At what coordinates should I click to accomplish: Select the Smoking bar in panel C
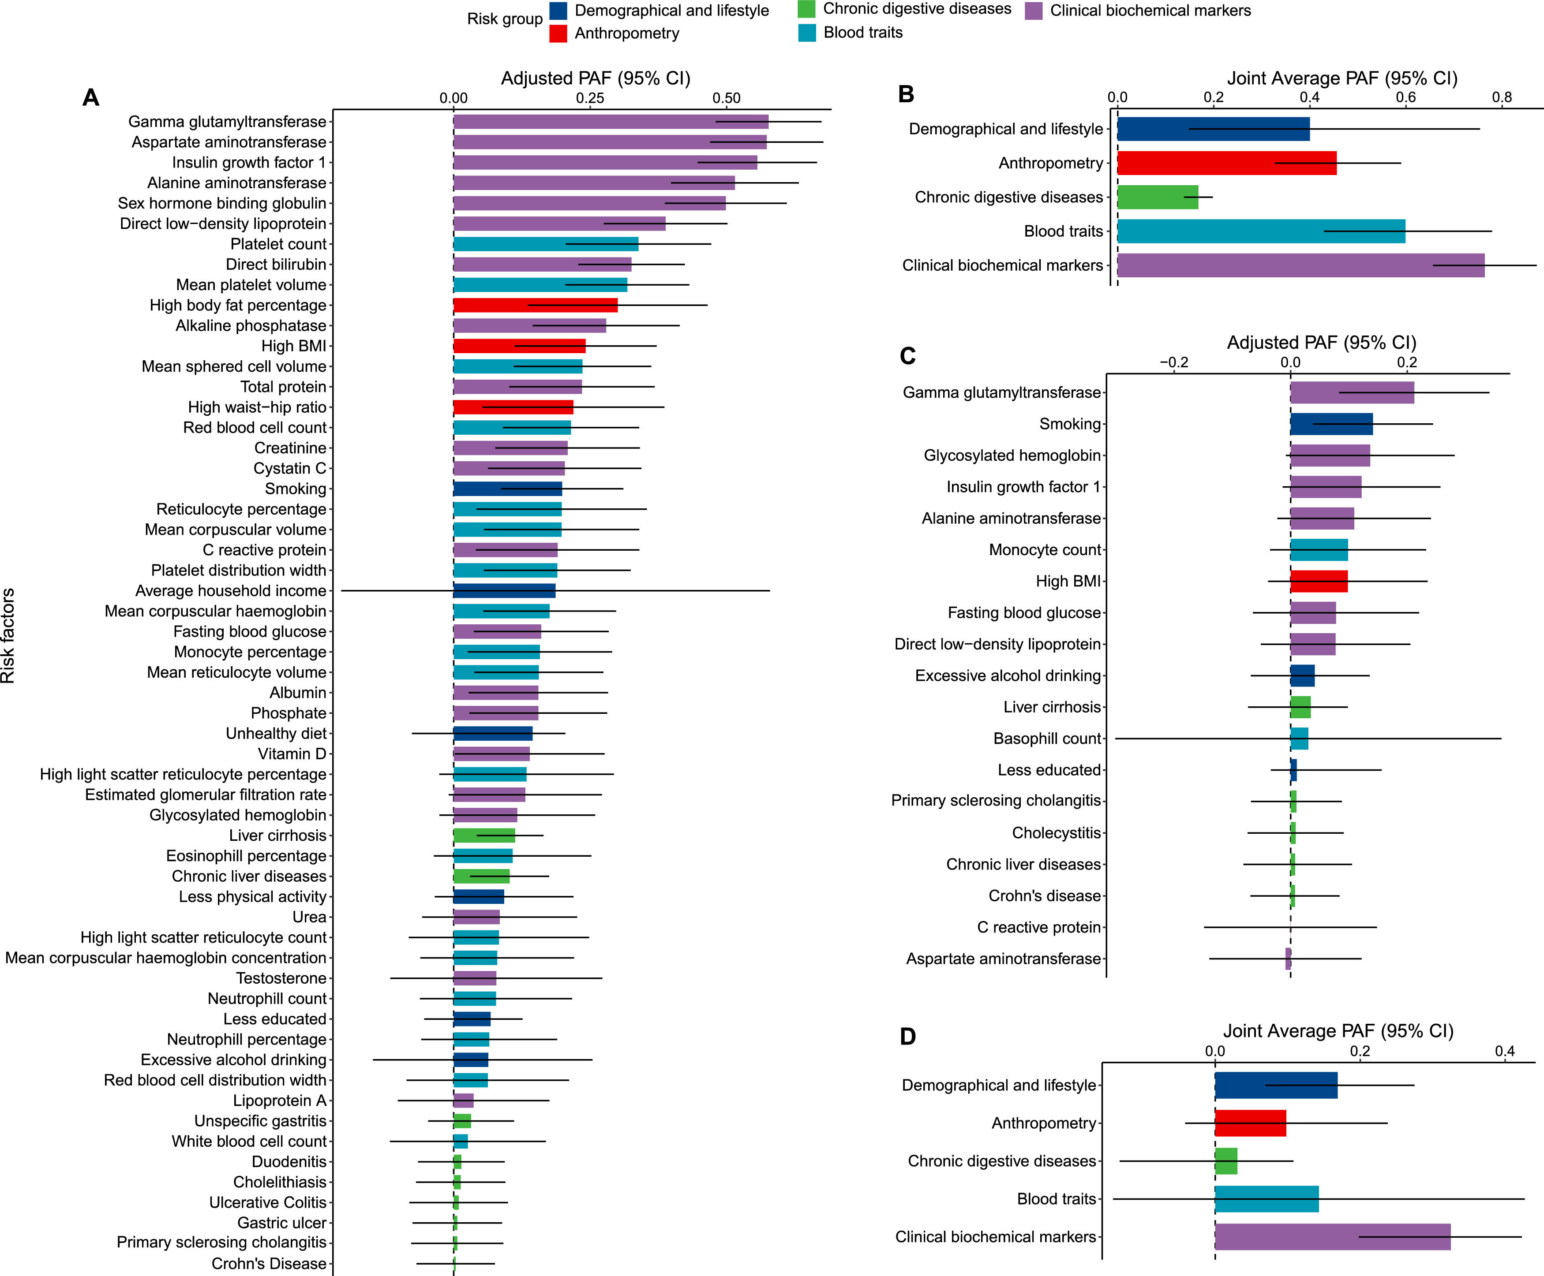click(1331, 424)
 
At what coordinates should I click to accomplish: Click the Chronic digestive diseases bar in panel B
click(1157, 197)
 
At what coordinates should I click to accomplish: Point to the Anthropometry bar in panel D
click(1250, 1123)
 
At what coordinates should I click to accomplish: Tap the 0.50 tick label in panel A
click(727, 98)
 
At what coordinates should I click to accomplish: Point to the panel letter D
click(908, 1037)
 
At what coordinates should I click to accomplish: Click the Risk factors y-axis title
click(8, 636)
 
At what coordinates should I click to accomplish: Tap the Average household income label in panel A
click(231, 591)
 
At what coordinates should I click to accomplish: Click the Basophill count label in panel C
click(1047, 739)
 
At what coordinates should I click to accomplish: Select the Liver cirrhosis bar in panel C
click(1300, 707)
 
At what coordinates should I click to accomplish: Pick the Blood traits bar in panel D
click(1266, 1199)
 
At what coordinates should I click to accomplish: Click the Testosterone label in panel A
click(281, 978)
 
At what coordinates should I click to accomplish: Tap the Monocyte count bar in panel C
click(1318, 550)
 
